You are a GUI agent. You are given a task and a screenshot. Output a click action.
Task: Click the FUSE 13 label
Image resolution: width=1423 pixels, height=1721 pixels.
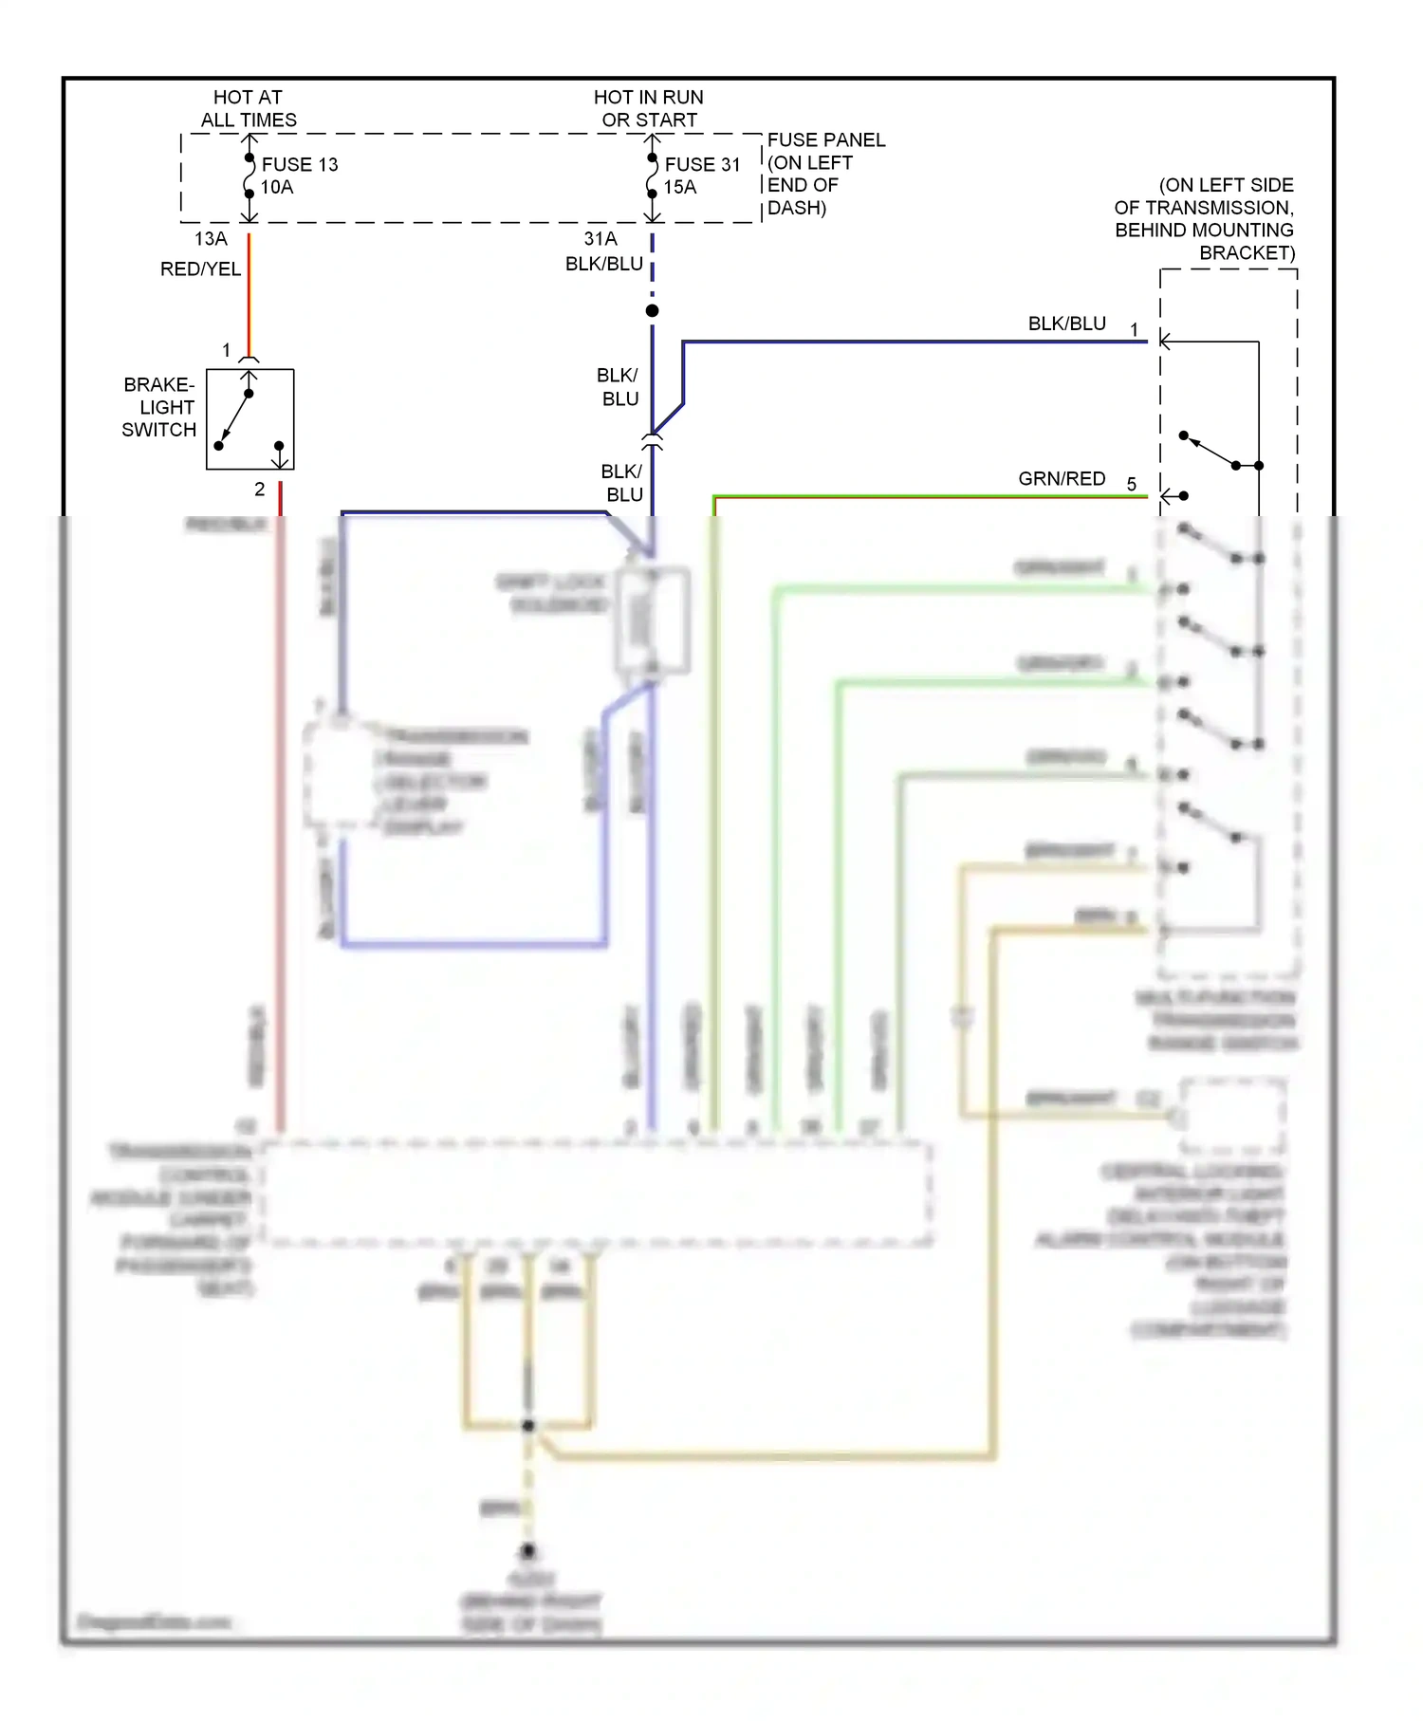(x=299, y=164)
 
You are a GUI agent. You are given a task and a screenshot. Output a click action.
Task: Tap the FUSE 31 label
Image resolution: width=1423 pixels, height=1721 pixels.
(x=701, y=164)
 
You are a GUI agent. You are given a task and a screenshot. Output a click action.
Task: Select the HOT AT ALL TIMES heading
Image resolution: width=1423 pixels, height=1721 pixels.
(x=249, y=108)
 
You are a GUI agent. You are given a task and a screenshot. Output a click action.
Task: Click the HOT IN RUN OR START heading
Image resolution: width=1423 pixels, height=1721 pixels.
(x=649, y=108)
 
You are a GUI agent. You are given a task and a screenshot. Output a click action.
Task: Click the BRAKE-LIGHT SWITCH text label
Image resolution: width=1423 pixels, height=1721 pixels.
(x=158, y=407)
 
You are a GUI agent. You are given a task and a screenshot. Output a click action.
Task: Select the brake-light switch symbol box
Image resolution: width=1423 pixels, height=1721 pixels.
(x=250, y=419)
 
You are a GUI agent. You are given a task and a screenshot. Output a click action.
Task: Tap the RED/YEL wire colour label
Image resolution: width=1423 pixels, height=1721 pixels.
(x=200, y=269)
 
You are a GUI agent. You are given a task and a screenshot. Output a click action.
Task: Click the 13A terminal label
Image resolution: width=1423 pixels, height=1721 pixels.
(x=211, y=239)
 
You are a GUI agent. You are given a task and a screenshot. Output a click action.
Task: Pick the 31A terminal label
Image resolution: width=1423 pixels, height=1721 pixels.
(x=600, y=239)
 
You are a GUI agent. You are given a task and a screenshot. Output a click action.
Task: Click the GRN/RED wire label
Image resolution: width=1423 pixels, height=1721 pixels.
(x=1062, y=479)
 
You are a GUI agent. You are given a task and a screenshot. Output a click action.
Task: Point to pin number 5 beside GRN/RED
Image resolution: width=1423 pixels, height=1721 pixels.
(x=1132, y=485)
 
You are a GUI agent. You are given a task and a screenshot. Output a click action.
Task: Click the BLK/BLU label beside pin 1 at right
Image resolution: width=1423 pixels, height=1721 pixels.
(x=1066, y=324)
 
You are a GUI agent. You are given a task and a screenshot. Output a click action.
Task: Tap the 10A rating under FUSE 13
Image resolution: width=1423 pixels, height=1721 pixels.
(x=277, y=188)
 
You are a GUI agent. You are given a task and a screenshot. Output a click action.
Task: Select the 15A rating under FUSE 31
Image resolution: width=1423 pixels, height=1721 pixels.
(x=679, y=188)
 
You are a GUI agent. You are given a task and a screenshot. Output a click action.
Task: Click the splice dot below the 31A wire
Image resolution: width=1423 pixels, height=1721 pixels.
(x=652, y=311)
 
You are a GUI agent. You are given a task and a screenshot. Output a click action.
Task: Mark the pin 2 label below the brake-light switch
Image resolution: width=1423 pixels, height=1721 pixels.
(x=259, y=490)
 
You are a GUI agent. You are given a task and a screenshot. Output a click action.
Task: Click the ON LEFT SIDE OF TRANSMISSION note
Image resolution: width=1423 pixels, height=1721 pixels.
(x=1205, y=218)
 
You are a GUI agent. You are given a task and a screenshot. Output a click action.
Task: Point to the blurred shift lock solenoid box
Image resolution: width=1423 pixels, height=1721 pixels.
(x=652, y=620)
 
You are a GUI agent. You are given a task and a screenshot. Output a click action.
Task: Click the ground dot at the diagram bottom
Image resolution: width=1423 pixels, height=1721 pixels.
(x=528, y=1552)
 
